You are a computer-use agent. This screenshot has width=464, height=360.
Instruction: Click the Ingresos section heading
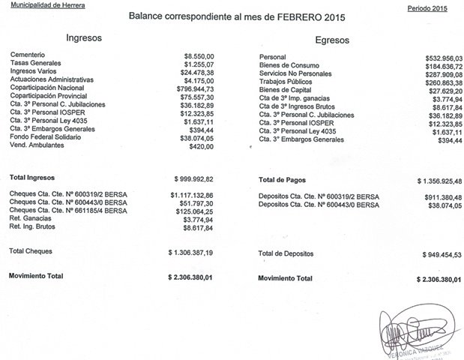pos(84,37)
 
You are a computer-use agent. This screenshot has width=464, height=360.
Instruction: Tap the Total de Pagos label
pos(281,180)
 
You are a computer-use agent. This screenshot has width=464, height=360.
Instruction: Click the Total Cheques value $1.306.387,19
pos(191,253)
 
